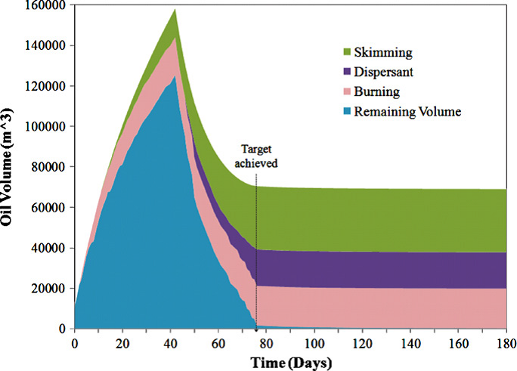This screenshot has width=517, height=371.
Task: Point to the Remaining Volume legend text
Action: coord(407,111)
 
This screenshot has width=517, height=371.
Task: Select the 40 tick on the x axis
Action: coord(170,343)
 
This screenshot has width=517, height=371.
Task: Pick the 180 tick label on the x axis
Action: coord(505,343)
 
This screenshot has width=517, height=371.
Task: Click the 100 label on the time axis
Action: coord(314,343)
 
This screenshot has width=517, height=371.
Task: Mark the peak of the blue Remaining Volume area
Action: coord(175,76)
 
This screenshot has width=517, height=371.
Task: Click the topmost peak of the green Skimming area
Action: coord(175,10)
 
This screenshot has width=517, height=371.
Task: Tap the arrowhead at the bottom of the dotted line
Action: coord(256,326)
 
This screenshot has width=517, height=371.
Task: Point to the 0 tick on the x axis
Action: coord(74,343)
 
